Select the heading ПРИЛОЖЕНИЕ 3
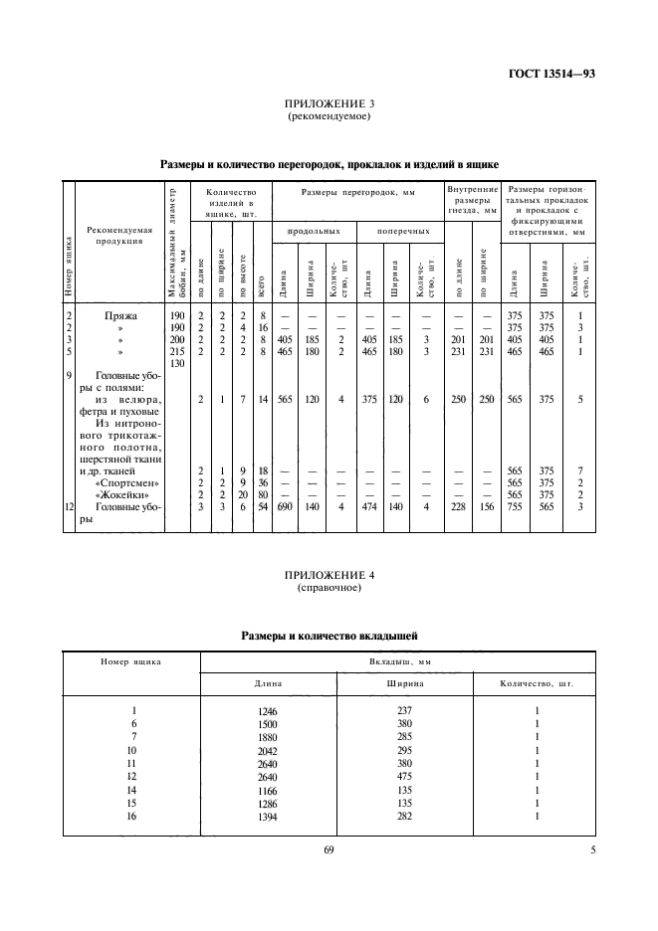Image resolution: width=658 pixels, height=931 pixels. pos(329,103)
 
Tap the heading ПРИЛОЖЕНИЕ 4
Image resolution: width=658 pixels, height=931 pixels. pos(329,576)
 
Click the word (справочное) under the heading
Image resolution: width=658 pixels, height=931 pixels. pos(329,589)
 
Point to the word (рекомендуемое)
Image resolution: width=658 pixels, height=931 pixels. pos(329,116)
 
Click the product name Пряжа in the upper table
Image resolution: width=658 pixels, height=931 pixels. pos(120,315)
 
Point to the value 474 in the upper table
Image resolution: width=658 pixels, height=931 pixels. pos(367,506)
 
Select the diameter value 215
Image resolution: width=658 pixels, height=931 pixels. pos(177,351)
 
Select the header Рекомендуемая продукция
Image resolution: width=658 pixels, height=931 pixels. pos(119,234)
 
